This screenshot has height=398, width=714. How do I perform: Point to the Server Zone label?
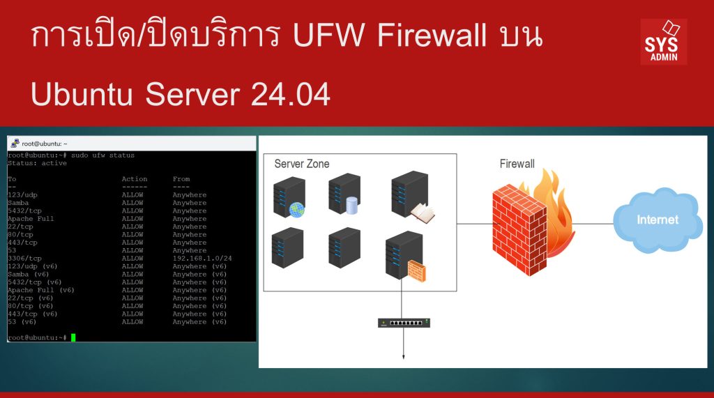[302, 164]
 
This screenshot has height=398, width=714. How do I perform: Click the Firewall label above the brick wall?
[517, 164]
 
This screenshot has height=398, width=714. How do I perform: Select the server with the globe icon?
[289, 198]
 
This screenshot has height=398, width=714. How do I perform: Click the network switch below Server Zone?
[404, 323]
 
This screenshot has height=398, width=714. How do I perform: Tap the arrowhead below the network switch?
[404, 358]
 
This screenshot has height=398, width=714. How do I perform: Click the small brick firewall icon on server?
[416, 270]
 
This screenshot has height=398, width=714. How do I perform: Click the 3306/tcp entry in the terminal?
[25, 259]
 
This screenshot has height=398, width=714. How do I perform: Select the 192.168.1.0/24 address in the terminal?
[199, 259]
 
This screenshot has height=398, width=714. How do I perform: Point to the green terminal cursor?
[73, 337]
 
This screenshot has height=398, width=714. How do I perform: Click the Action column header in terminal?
[135, 179]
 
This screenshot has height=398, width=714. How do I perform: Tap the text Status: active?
[37, 163]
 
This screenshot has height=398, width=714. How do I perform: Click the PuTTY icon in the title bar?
[15, 143]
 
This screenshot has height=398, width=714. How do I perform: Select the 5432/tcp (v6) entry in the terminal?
[35, 282]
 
